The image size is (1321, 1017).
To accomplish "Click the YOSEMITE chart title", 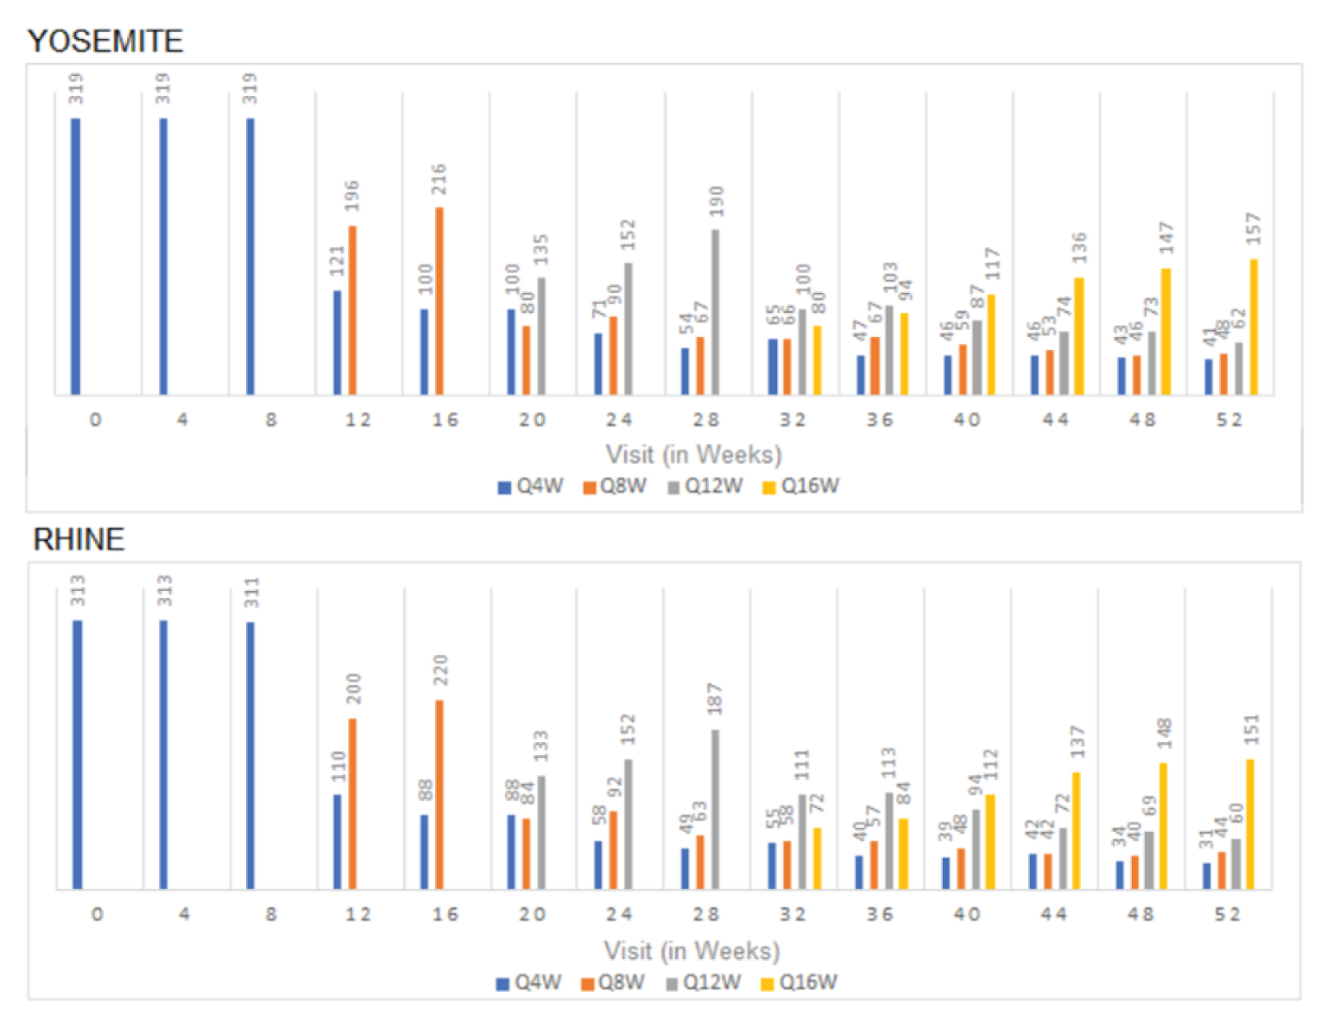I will [105, 41].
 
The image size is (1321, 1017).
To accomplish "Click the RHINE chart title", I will [79, 539].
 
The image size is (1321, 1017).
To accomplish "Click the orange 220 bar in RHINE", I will [439, 795].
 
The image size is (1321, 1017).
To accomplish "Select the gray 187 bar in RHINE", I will [715, 809].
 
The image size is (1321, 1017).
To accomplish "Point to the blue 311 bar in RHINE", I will [250, 755].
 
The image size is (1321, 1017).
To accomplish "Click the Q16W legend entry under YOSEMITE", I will [801, 486].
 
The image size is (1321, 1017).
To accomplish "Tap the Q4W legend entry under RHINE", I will [529, 982].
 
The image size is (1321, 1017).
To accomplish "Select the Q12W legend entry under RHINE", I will [704, 982].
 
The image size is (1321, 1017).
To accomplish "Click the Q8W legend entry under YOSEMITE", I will [615, 486].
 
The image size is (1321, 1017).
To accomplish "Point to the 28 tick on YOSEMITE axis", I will [705, 420].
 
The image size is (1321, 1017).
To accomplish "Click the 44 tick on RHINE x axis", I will [1053, 914].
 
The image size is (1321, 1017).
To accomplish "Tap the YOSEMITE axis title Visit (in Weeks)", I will [693, 454].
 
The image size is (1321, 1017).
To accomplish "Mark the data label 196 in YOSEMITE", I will [351, 196].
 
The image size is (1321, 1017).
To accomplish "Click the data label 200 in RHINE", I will [353, 689].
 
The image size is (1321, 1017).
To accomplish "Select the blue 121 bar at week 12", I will [337, 342].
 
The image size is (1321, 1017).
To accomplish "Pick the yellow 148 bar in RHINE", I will [1163, 825].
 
